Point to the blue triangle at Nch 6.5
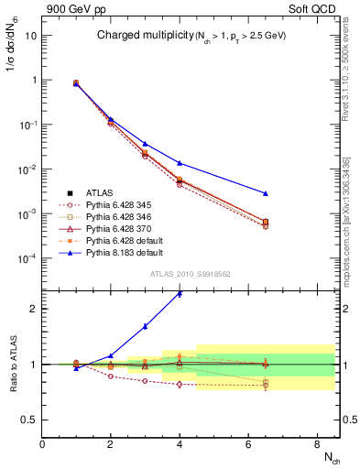[265, 193]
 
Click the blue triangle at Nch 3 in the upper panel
[145, 144]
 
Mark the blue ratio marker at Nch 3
[145, 326]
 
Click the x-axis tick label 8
[315, 444]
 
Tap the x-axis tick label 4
[180, 444]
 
